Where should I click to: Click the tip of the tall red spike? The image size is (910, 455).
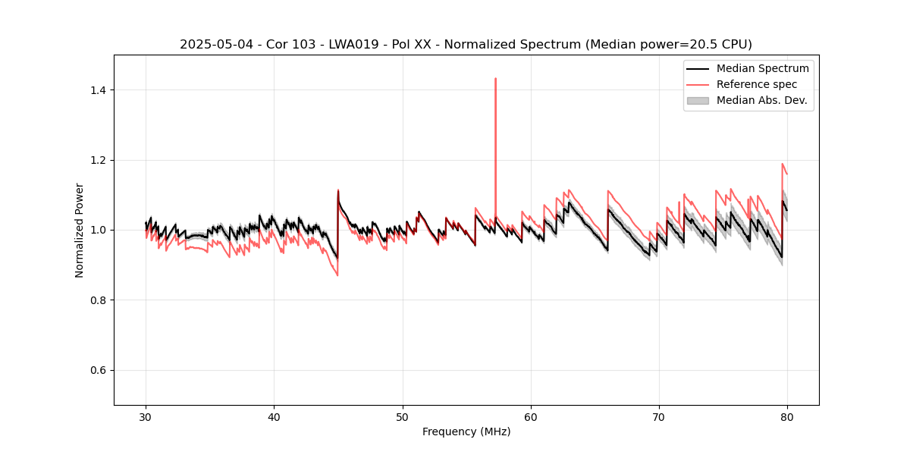[x=495, y=78]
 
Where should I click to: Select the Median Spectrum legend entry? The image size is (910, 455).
[x=762, y=68]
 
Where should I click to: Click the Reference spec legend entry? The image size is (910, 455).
[x=756, y=84]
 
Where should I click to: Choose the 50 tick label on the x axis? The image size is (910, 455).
[x=402, y=416]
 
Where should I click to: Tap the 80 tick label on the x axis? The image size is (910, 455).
[x=787, y=416]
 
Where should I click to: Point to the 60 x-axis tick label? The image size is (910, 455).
[x=531, y=416]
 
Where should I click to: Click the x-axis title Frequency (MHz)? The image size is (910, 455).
[x=466, y=431]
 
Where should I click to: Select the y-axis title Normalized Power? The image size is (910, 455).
[x=80, y=230]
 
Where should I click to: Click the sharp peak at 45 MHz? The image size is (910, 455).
[x=338, y=190]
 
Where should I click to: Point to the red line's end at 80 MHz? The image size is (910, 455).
[x=787, y=174]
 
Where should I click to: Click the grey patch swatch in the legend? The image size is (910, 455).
[x=697, y=100]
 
